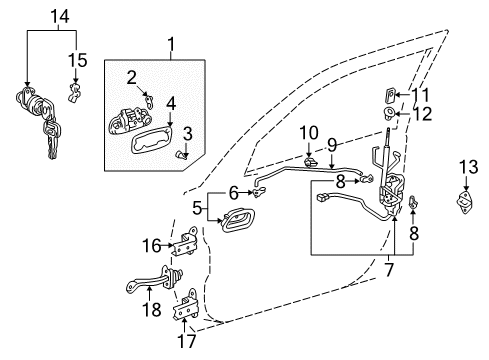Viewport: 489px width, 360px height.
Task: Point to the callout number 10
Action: click(x=309, y=132)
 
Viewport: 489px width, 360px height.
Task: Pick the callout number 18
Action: click(x=150, y=309)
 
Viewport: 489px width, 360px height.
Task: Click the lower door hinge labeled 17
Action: click(x=186, y=314)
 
